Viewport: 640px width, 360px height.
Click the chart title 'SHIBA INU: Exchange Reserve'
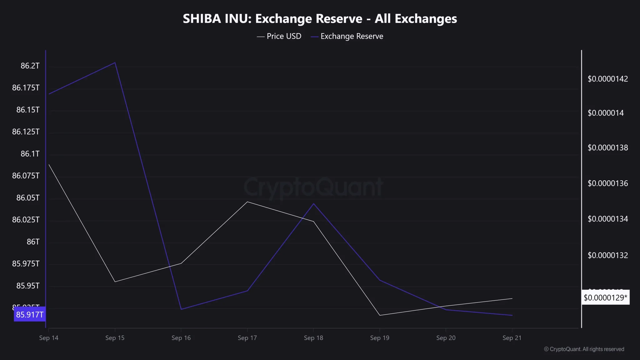(320, 19)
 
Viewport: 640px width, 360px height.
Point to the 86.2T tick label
(30, 66)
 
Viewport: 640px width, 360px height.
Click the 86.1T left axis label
(30, 154)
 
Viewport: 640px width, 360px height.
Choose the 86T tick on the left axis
(33, 242)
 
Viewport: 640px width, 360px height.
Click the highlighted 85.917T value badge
(30, 314)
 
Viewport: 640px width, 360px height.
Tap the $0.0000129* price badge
(605, 297)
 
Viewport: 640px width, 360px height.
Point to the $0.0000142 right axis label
(607, 79)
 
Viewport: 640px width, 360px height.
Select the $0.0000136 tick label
(607, 183)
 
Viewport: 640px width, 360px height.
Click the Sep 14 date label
(49, 338)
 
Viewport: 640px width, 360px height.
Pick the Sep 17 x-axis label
(247, 338)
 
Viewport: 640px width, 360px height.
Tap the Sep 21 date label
(512, 338)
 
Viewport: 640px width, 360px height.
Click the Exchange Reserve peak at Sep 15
(115, 62)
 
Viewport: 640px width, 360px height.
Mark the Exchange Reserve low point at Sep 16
(181, 309)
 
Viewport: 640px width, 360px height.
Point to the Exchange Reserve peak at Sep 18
(313, 204)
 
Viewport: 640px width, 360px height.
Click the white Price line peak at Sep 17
(247, 202)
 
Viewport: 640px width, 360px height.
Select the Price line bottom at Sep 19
(380, 315)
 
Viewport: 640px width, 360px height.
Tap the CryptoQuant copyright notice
(584, 349)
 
